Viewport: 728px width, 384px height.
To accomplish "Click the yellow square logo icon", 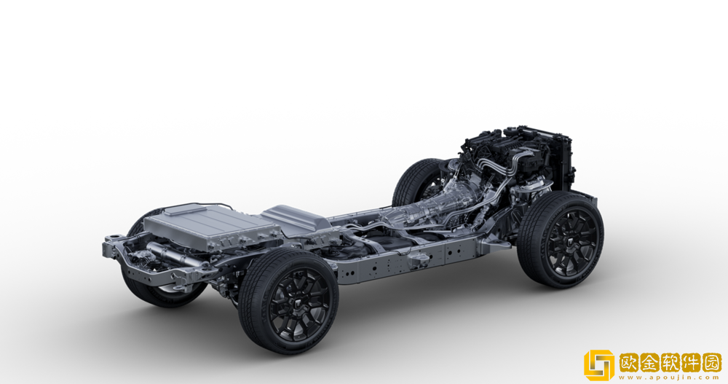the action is [x=598, y=365].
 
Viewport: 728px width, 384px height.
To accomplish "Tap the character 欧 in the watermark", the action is [x=630, y=363].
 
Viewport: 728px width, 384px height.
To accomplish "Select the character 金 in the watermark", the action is [x=650, y=363].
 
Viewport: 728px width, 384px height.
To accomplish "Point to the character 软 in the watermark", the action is [x=670, y=363].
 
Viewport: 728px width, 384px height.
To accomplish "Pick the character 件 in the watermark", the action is [x=691, y=363].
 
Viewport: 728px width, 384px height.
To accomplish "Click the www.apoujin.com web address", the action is [x=670, y=377].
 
